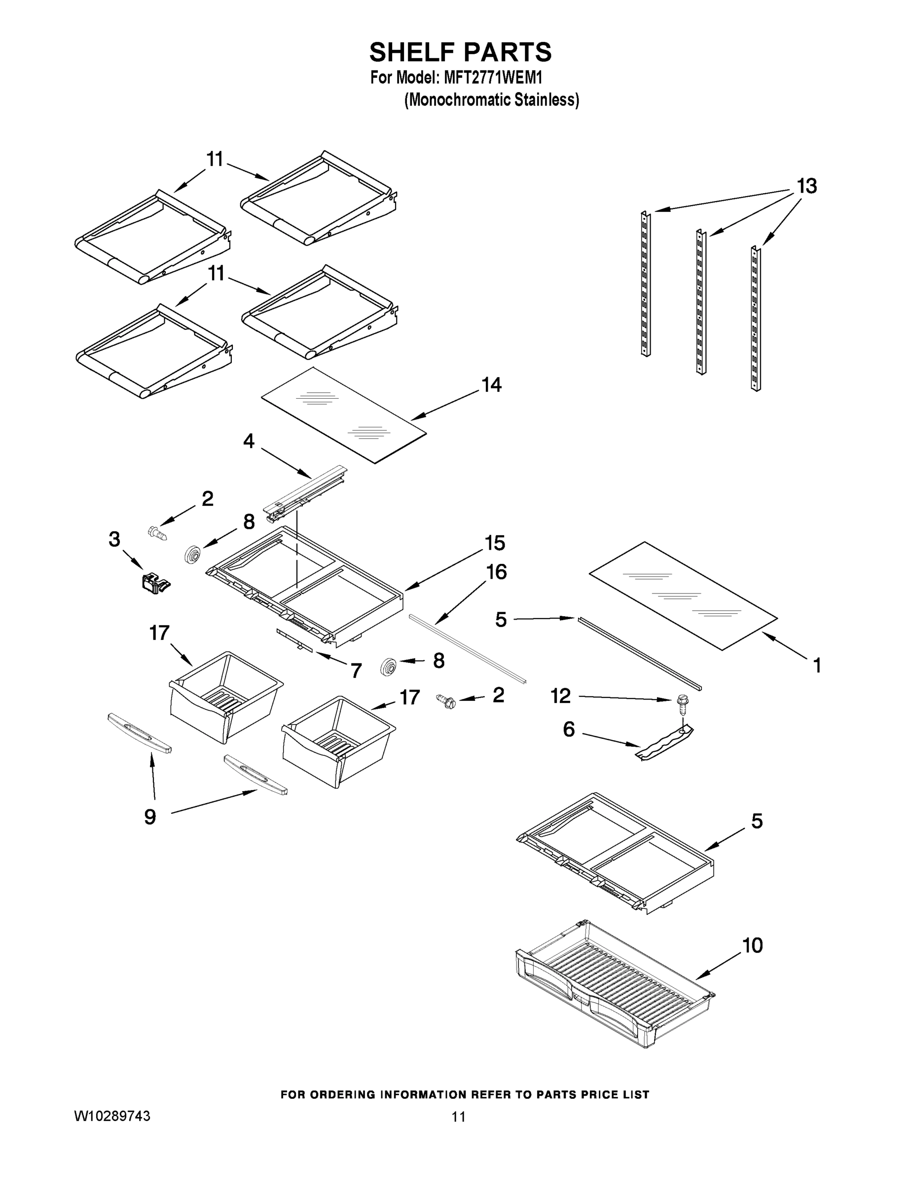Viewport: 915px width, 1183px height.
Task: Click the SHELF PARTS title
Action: tap(460, 53)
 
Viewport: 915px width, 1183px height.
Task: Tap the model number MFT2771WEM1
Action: tap(493, 78)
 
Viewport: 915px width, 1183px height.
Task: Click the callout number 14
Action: tap(492, 385)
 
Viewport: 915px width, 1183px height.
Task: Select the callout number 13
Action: tap(806, 186)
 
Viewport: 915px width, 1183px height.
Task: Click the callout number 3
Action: tap(114, 540)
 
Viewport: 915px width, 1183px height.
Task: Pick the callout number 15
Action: tap(494, 543)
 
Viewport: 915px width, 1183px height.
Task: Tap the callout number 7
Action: tap(356, 670)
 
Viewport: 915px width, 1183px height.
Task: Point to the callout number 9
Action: tap(150, 816)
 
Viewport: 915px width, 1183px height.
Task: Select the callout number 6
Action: tap(569, 729)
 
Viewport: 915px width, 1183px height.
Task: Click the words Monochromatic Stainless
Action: tap(492, 100)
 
